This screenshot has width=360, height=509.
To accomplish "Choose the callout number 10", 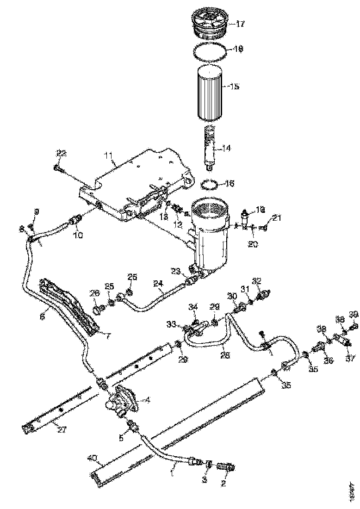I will (x=79, y=235).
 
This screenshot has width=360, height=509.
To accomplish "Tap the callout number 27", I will (x=62, y=429).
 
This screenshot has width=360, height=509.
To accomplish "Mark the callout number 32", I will (x=257, y=281).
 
